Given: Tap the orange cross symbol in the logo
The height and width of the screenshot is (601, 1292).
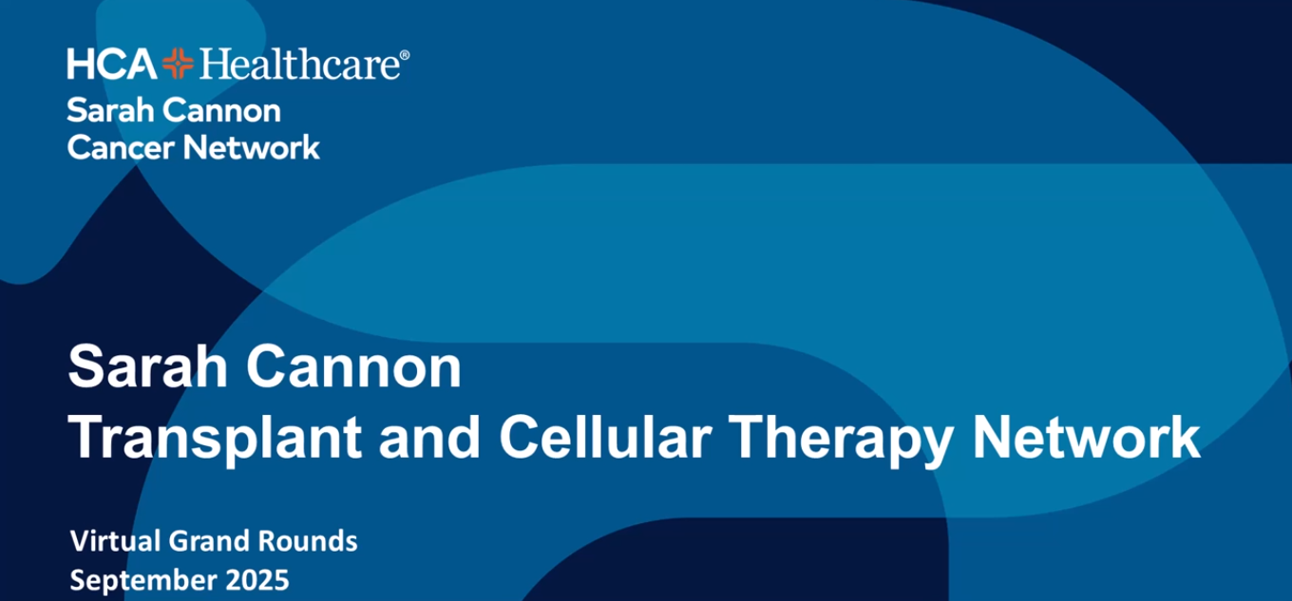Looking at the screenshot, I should click(178, 65).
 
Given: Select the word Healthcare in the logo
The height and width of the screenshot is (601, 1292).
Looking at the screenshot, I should click(297, 65).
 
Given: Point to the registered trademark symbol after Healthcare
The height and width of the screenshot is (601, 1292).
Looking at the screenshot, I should click(406, 56).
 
